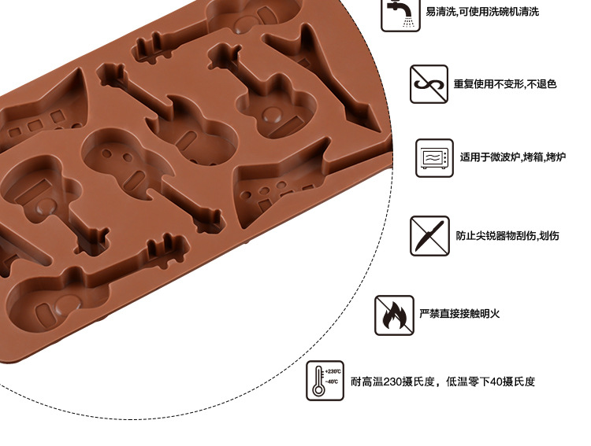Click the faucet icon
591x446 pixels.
pos(400,13)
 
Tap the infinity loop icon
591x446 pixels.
pos(429,84)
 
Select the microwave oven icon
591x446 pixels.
pos(435,158)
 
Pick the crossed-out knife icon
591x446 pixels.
pos(429,235)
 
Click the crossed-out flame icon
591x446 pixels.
pos(394,315)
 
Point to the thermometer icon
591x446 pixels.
pos(325,381)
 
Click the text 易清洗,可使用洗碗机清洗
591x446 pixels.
pos(482,13)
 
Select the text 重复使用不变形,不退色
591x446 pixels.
pos(504,84)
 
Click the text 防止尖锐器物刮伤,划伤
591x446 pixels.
pos(507,235)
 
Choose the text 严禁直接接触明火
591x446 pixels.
pos(459,314)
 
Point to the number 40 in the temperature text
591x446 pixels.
pos(496,382)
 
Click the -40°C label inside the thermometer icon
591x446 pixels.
pos(332,382)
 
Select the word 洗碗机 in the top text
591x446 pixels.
pos(499,13)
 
